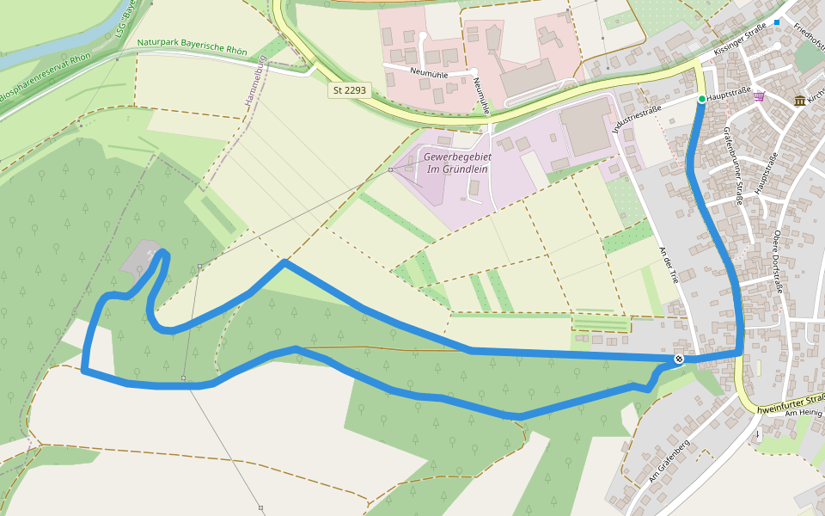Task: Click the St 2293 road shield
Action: (350, 90)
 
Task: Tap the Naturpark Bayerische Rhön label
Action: (192, 46)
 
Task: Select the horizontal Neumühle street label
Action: (431, 72)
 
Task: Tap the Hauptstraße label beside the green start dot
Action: (728, 92)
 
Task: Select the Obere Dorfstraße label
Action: (777, 262)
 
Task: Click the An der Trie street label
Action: (669, 265)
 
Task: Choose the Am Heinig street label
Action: (804, 414)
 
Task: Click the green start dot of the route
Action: (701, 100)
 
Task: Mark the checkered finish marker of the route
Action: (679, 359)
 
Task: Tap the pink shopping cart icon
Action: (759, 95)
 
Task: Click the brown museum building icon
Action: (800, 101)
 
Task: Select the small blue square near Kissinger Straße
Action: (777, 22)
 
